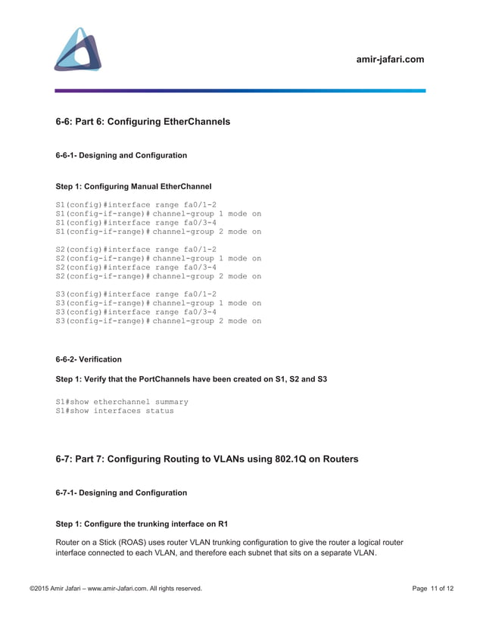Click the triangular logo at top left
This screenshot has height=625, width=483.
click(78, 50)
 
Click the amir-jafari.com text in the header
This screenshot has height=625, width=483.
click(390, 59)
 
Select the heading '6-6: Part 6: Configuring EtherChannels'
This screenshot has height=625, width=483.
click(143, 121)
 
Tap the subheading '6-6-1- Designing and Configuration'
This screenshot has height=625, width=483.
click(121, 155)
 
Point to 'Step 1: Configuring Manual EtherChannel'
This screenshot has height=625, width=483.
click(134, 186)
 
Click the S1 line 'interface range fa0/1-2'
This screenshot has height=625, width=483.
click(136, 204)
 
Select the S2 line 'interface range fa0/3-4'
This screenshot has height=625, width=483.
click(136, 267)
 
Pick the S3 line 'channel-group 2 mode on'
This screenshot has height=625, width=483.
click(158, 321)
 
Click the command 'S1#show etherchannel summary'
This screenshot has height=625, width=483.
click(122, 402)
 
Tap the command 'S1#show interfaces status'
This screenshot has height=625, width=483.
click(115, 411)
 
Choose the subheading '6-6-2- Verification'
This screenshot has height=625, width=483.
click(89, 359)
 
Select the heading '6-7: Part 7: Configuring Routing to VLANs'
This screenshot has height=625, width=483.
click(207, 459)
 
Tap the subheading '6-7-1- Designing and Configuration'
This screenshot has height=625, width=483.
click(121, 493)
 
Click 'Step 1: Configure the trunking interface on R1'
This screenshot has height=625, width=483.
click(142, 524)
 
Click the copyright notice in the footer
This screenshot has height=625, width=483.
click(116, 589)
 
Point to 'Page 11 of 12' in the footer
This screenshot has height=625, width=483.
click(433, 589)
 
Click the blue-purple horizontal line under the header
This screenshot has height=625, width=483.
click(240, 91)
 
